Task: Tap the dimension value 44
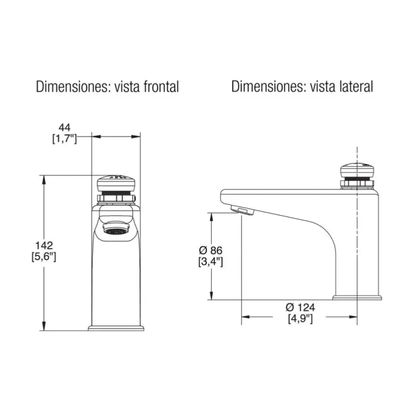pyautogui.click(x=65, y=128)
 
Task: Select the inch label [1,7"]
pyautogui.click(x=65, y=138)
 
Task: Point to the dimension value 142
pyautogui.click(x=44, y=245)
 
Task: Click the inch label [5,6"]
pyautogui.click(x=44, y=257)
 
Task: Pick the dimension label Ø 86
pyautogui.click(x=211, y=251)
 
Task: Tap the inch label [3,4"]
pyautogui.click(x=211, y=261)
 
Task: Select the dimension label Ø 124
pyautogui.click(x=300, y=307)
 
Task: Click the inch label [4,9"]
pyautogui.click(x=300, y=318)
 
